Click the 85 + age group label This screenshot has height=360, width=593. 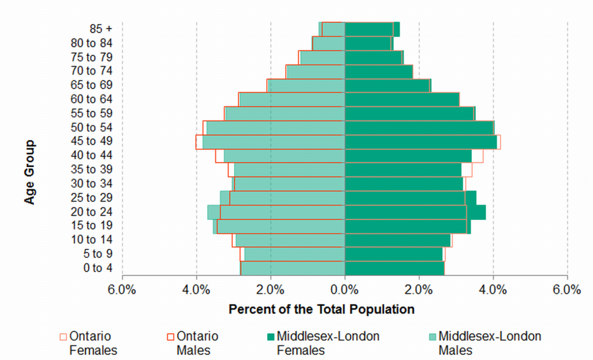101,29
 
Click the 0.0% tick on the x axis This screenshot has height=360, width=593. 344,289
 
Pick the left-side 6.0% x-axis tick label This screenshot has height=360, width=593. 122,289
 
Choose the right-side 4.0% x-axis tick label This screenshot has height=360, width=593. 493,289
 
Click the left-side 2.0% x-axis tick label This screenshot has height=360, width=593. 270,289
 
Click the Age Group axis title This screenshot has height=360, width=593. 30,173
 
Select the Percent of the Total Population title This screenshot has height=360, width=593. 321,310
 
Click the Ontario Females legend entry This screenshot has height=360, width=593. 89,343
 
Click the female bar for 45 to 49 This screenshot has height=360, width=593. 421,141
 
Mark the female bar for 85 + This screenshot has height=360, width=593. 372,29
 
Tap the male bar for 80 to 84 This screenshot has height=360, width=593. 328,43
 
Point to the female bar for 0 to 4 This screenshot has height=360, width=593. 394,268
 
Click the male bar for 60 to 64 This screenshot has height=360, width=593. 292,99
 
